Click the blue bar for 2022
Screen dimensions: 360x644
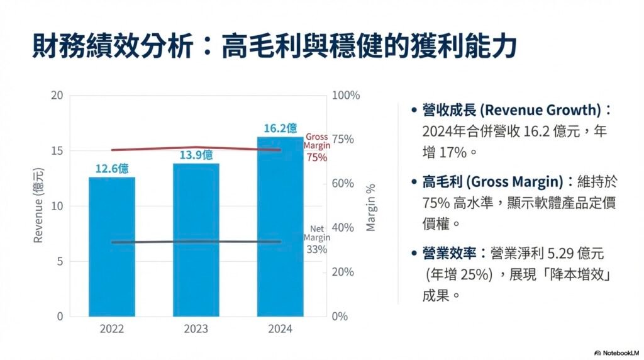pos(112,246)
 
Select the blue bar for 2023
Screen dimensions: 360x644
pos(196,239)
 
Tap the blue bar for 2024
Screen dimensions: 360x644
pos(280,227)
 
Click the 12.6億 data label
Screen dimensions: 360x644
pos(112,169)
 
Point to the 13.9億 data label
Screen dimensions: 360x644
pos(196,155)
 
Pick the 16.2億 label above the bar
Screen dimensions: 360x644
pos(280,128)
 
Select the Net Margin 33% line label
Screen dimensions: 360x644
pos(316,239)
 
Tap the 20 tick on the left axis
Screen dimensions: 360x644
pos(57,96)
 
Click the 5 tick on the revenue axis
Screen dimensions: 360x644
pos(60,261)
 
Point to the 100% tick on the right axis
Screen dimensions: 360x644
pos(345,96)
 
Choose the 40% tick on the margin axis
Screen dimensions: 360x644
pos(342,228)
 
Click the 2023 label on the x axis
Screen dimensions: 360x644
pos(196,329)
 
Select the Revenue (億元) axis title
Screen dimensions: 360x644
pos(38,205)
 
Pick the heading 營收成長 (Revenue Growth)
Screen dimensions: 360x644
pos(512,110)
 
